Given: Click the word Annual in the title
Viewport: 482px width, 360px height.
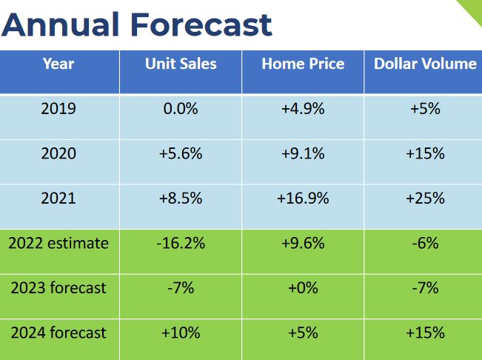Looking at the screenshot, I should click(x=61, y=25).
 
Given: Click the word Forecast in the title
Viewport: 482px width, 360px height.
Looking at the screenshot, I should click(x=201, y=25).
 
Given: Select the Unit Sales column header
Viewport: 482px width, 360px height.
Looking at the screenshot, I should click(x=181, y=64).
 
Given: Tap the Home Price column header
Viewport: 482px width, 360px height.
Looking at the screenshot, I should click(x=303, y=64).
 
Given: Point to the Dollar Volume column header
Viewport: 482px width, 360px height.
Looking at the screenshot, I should click(x=425, y=64).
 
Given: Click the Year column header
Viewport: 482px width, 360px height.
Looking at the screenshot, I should click(x=58, y=64).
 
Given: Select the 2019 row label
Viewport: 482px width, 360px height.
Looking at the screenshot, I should click(x=58, y=109).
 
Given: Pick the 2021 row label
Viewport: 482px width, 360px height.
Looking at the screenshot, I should click(x=58, y=199).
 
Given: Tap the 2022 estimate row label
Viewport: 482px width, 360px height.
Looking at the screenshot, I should click(x=58, y=243).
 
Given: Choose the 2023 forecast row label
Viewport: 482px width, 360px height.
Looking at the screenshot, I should click(x=58, y=287).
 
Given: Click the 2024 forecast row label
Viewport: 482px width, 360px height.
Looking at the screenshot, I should click(x=58, y=333).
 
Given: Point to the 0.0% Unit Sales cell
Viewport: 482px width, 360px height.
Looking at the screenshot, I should click(x=181, y=109).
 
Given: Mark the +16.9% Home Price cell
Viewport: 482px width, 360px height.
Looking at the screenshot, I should click(x=303, y=199).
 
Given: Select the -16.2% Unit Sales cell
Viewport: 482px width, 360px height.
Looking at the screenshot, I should click(x=181, y=243).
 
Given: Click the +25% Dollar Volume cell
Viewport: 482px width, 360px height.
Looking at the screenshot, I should click(x=425, y=199).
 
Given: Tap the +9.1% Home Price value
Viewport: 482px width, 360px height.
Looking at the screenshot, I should click(x=303, y=154).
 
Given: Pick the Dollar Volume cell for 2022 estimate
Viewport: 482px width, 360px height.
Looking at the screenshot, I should click(x=425, y=243).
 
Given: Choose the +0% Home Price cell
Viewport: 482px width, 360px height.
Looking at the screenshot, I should click(x=303, y=287).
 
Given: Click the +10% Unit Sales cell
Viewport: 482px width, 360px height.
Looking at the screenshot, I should click(x=181, y=333).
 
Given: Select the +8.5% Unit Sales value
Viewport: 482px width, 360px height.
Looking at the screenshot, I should click(x=181, y=199).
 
